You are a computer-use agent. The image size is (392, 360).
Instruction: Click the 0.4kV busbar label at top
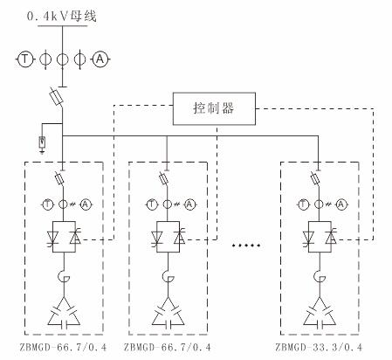(x=62, y=16)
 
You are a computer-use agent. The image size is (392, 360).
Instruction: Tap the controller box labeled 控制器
(x=214, y=108)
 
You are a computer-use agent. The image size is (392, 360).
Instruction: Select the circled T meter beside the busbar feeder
(x=25, y=59)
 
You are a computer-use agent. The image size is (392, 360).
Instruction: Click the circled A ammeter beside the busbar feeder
(x=100, y=59)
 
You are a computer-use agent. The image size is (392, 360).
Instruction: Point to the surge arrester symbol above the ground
(x=42, y=142)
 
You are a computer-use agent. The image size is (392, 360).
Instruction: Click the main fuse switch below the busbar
(x=57, y=97)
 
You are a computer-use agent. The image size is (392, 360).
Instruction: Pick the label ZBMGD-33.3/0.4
(x=319, y=347)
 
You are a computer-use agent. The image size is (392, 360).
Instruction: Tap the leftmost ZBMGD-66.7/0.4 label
(x=63, y=347)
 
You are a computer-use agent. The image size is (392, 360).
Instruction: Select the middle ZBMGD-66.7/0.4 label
(x=168, y=347)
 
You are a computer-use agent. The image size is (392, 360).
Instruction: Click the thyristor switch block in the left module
(x=64, y=237)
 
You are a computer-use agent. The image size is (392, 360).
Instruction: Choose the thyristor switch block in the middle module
(x=168, y=237)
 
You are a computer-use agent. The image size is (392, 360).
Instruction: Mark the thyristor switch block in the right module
(x=320, y=237)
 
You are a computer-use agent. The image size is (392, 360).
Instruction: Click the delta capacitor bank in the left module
(x=64, y=312)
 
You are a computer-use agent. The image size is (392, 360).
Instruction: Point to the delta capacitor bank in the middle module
(x=168, y=312)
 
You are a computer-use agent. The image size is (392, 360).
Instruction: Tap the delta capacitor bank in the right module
(x=320, y=312)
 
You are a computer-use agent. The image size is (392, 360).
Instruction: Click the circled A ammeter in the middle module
(x=189, y=204)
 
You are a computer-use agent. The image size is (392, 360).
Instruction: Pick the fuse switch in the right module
(x=315, y=178)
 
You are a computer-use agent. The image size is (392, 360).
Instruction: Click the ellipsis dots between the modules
(x=246, y=246)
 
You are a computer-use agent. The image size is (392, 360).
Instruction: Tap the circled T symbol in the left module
(x=47, y=204)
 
